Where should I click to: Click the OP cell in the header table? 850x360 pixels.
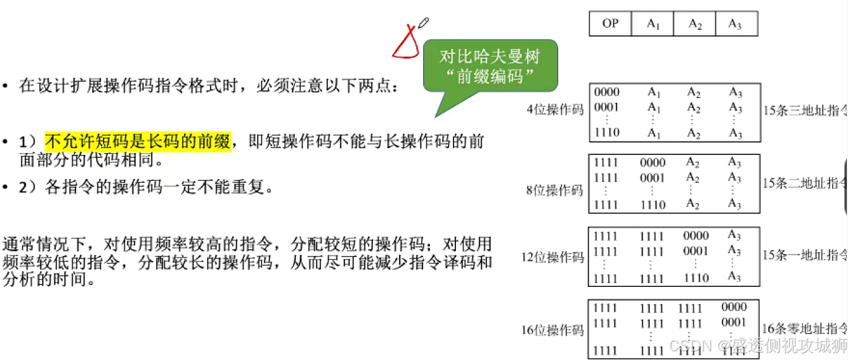point(610,24)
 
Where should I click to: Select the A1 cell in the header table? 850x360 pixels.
point(653,24)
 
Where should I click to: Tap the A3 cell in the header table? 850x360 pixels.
point(735,24)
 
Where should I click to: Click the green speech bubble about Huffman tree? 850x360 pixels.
point(490,68)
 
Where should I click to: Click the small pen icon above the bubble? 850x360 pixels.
point(424,24)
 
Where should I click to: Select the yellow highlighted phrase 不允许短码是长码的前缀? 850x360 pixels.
point(138,142)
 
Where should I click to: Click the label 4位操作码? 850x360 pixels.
point(555,110)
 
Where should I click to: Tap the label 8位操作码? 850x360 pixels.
point(555,191)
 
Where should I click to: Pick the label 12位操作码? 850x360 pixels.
point(553,257)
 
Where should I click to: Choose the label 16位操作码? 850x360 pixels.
point(553,330)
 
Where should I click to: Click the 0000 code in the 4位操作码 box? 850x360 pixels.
point(607,92)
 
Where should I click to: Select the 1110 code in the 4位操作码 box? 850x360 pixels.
point(607,133)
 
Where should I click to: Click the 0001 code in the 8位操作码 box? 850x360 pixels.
point(653,177)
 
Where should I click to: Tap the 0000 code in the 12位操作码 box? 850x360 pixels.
point(695,236)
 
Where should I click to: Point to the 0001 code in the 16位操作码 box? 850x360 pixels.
point(734,322)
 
